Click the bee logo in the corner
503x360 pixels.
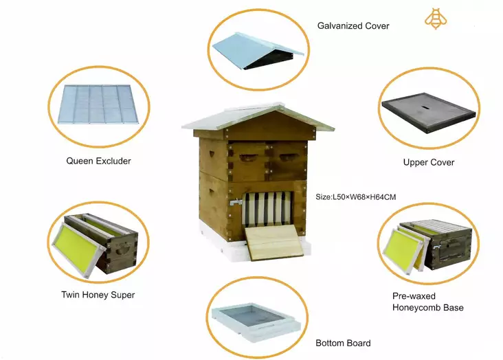click(x=434, y=19)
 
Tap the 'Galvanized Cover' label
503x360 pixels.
click(x=353, y=26)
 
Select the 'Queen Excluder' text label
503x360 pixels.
click(x=98, y=161)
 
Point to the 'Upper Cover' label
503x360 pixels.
click(x=428, y=163)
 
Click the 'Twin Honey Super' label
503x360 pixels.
click(x=98, y=295)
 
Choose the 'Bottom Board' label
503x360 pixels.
click(x=343, y=343)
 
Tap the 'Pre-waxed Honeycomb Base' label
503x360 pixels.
click(x=427, y=302)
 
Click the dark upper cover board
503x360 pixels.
click(x=428, y=113)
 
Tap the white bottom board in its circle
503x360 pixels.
click(x=256, y=322)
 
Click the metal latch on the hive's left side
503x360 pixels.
click(x=235, y=203)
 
